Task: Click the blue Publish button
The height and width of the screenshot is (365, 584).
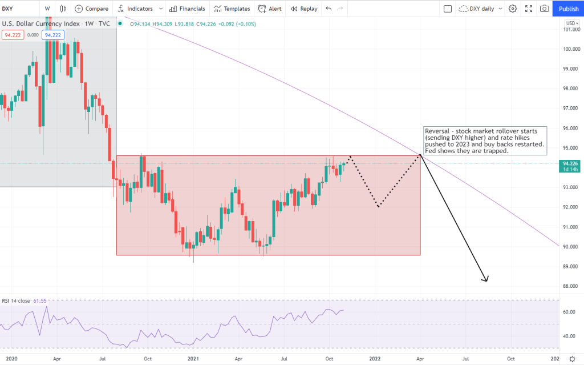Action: coord(568,9)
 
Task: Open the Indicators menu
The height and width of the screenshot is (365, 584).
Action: coord(136,9)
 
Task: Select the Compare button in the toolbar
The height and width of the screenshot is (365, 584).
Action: coord(91,9)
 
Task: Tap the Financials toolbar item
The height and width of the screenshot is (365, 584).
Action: coord(187,9)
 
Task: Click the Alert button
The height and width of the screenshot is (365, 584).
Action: coord(270,9)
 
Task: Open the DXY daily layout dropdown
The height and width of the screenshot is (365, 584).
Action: coord(481,9)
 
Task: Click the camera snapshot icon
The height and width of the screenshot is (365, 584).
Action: coord(545,9)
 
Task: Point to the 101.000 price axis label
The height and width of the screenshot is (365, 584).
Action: coord(570,29)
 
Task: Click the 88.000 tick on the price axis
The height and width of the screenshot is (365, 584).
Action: coord(570,286)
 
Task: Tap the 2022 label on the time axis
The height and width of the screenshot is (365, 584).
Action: coord(375,358)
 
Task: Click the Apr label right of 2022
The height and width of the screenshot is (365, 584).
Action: coord(420,358)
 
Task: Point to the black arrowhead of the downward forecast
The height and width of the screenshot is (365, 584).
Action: coord(486,279)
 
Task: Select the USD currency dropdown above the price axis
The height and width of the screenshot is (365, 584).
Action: coord(571,23)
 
